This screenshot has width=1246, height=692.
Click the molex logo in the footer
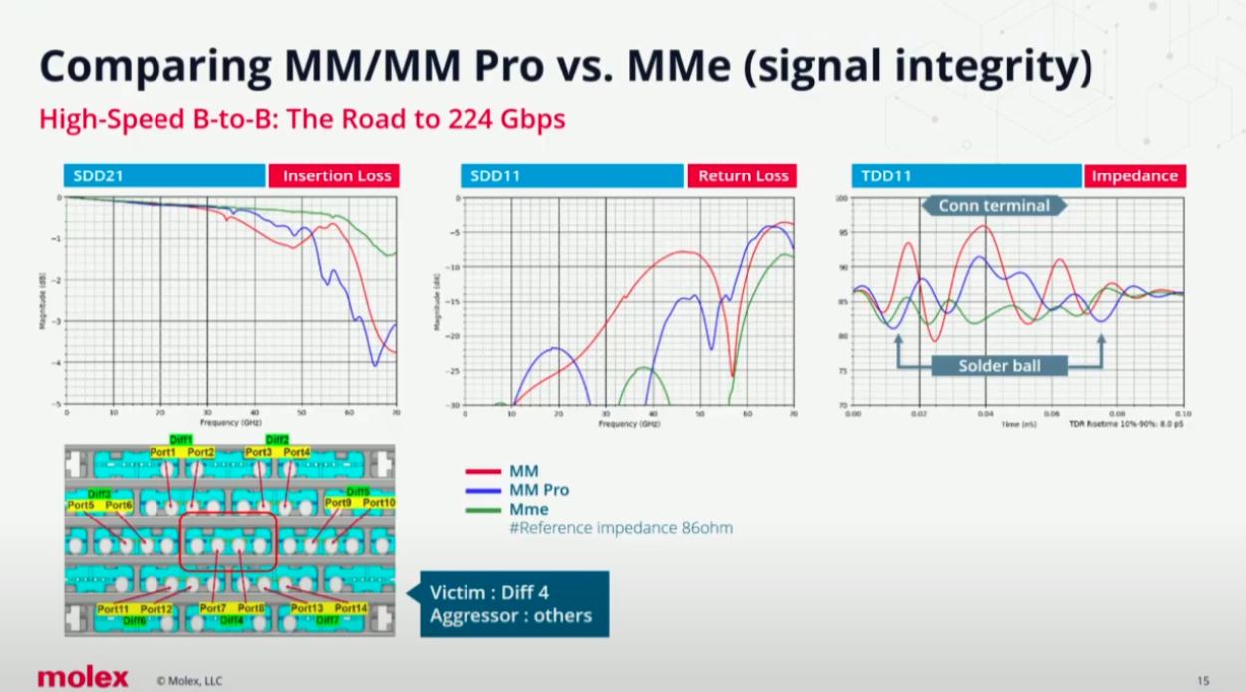click(83, 678)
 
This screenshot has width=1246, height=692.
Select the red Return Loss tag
click(743, 176)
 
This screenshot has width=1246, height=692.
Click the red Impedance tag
click(1134, 176)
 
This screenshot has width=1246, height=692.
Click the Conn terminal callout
click(994, 206)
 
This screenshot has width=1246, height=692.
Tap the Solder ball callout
click(999, 366)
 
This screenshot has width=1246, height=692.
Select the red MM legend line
click(482, 471)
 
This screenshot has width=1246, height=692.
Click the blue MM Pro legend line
click(482, 490)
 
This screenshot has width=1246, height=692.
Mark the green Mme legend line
click(482, 509)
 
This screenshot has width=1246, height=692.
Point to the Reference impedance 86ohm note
click(620, 527)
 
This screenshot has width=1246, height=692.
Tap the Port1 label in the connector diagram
click(162, 452)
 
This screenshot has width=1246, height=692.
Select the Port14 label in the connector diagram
click(350, 608)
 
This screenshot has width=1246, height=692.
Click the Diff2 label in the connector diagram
click(277, 440)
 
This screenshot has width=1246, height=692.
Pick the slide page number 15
click(1203, 681)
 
